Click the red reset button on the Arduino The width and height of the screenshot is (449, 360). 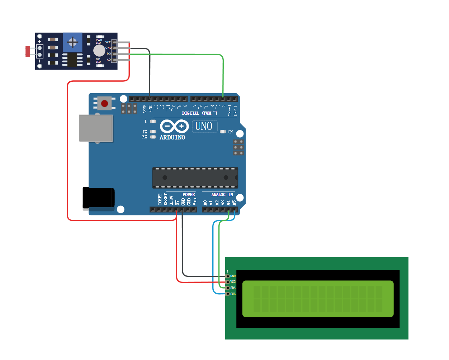[x=104, y=104]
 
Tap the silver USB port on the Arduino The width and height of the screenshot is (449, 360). [x=96, y=128]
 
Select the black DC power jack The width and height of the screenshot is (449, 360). [x=99, y=198]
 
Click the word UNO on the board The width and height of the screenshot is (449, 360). [x=204, y=126]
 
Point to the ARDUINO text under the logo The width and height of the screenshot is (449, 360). [x=172, y=137]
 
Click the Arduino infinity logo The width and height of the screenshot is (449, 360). [x=174, y=126]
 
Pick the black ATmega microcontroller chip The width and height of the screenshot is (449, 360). [x=195, y=177]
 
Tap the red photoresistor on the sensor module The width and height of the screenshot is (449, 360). [x=28, y=51]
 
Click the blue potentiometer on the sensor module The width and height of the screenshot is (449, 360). [x=72, y=42]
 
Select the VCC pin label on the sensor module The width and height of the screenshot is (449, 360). [x=108, y=42]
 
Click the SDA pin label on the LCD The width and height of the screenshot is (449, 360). [x=233, y=288]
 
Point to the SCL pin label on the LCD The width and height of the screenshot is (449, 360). [x=233, y=294]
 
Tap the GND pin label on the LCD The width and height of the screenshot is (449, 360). [x=233, y=276]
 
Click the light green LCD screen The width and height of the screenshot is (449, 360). [x=318, y=299]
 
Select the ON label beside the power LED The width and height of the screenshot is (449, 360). [x=230, y=132]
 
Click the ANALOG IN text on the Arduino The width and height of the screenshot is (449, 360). [x=222, y=195]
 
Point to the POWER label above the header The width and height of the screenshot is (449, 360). [x=189, y=195]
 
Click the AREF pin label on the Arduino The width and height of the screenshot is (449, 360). [x=145, y=109]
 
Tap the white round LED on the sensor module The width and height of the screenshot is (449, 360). [x=99, y=51]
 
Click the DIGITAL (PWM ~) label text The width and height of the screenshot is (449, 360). [x=199, y=113]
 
